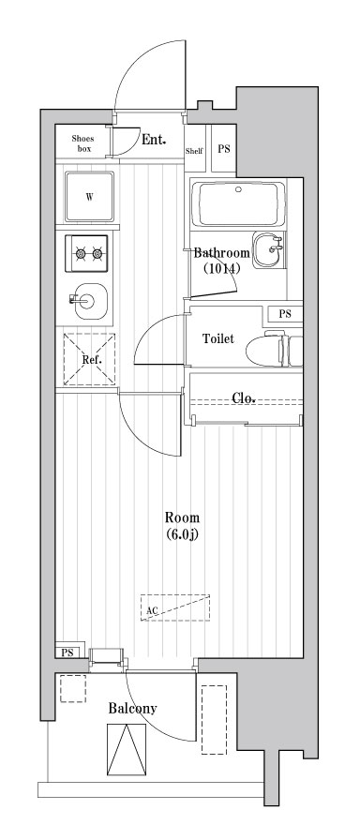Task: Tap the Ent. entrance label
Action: point(154,141)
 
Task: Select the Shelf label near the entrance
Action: point(194,150)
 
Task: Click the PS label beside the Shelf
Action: point(224,148)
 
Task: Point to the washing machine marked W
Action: point(89,196)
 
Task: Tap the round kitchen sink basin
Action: point(89,301)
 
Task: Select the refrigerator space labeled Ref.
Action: point(91,360)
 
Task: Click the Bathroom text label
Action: point(222,253)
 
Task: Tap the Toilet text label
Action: point(217,339)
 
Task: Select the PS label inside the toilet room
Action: point(285,314)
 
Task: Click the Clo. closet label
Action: point(244,397)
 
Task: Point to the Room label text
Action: point(182,517)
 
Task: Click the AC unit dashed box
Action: point(175,607)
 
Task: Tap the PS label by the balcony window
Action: point(67,652)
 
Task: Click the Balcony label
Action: point(131,709)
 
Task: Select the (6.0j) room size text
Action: point(182,534)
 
